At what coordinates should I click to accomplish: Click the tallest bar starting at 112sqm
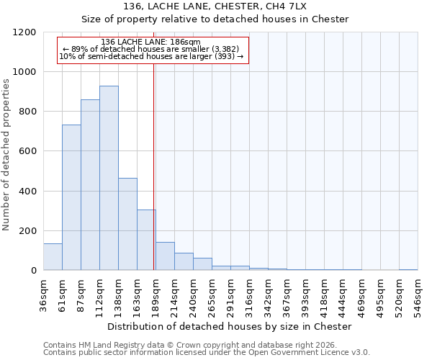tap(109, 178)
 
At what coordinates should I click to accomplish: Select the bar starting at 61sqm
tap(71, 197)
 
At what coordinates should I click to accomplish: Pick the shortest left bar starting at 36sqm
tap(53, 257)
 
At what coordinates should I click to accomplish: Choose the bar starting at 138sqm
tap(127, 224)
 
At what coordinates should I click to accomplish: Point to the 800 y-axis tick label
tap(28, 112)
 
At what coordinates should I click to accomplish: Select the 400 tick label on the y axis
tap(28, 192)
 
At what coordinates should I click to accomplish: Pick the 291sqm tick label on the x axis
tap(230, 295)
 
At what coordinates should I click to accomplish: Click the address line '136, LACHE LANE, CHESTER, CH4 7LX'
tap(215, 6)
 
